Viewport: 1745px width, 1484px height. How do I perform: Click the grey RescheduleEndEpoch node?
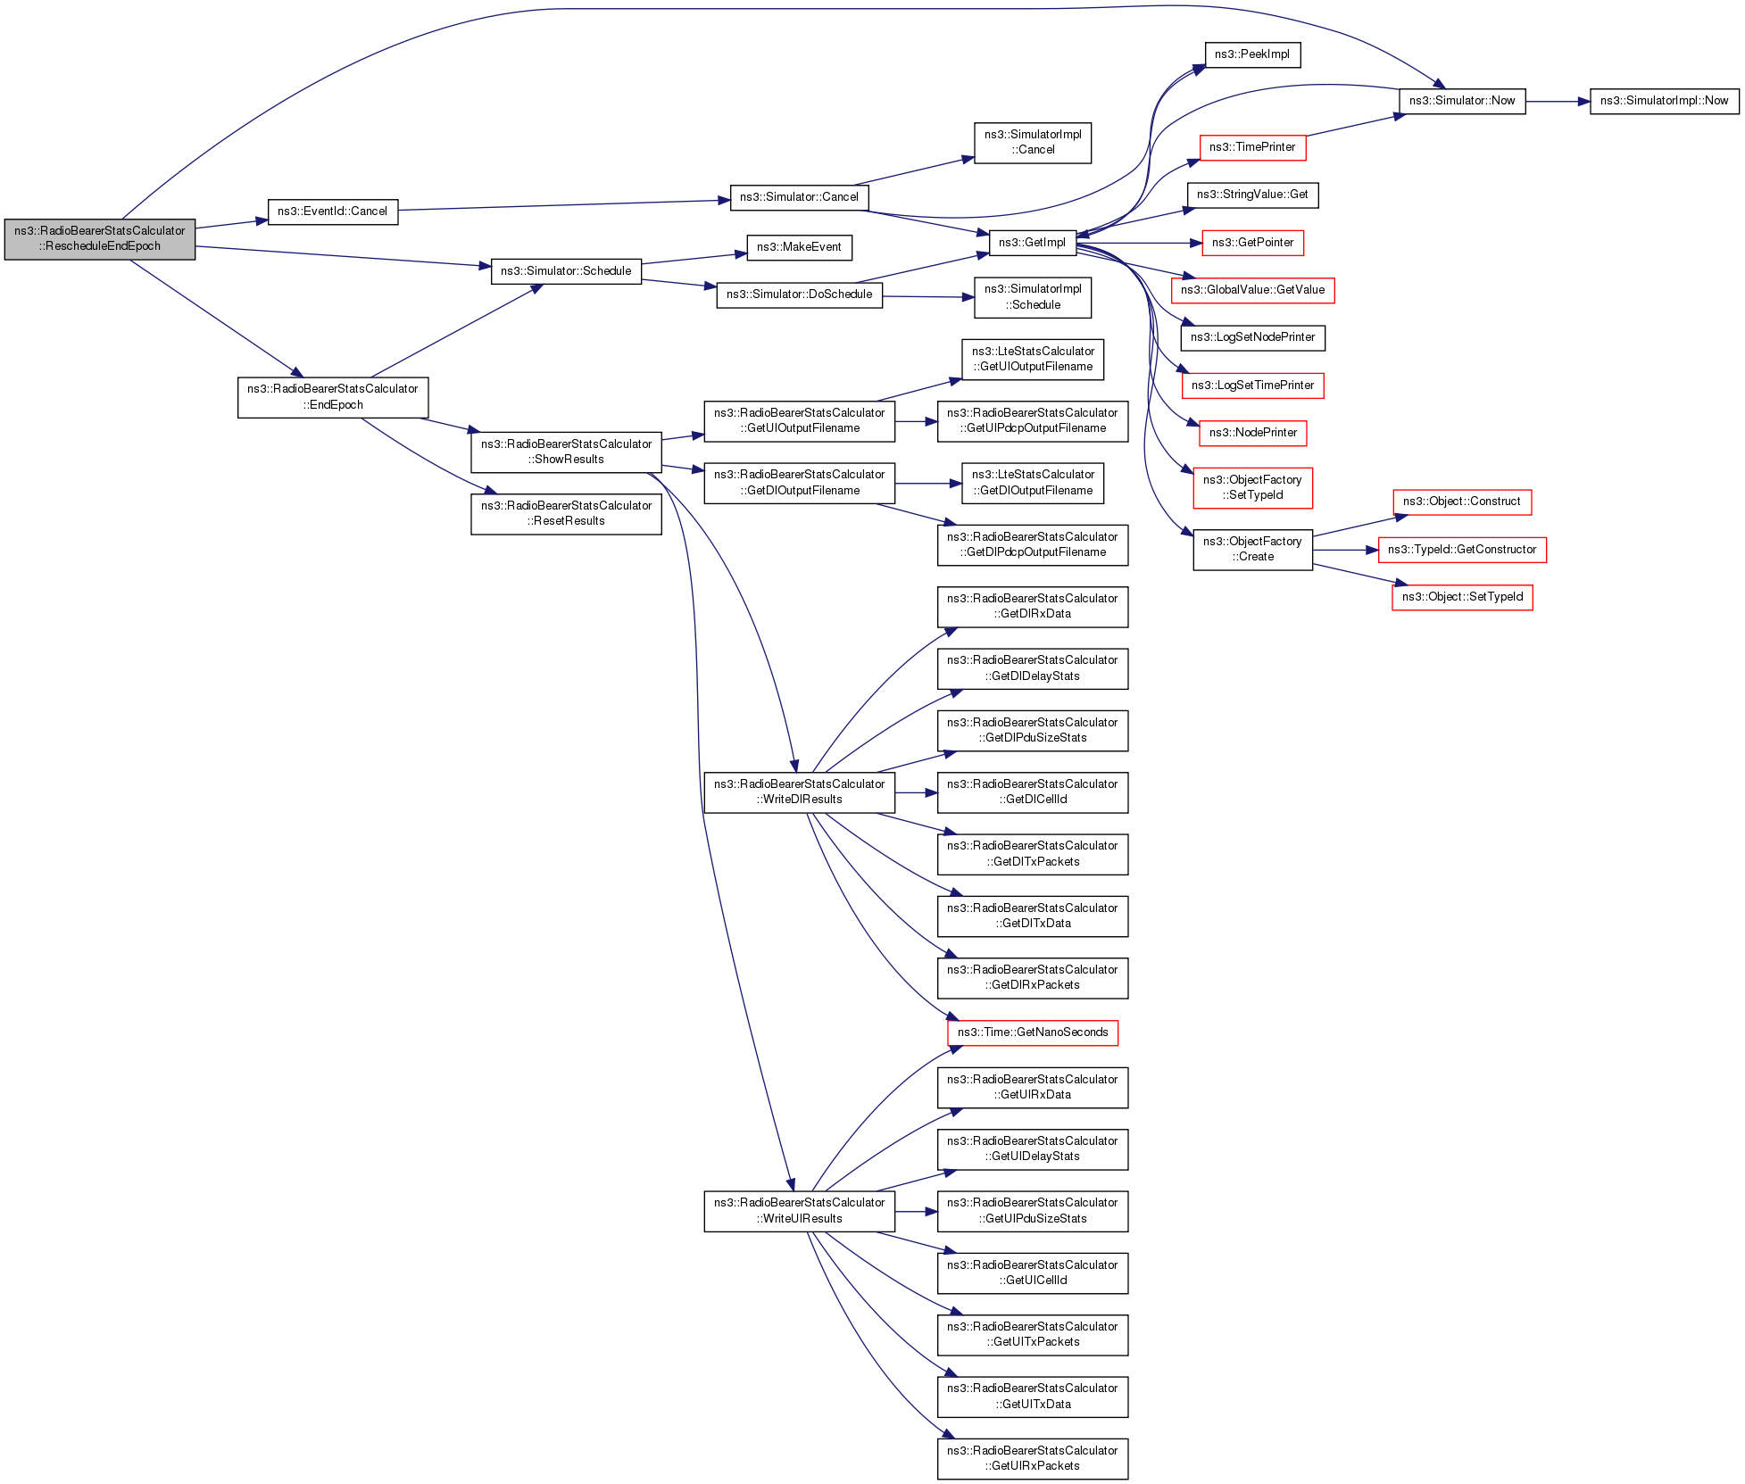[x=100, y=238]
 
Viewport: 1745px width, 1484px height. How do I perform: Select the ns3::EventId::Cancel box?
[x=332, y=211]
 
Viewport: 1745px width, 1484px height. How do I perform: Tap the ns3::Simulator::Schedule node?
[x=566, y=271]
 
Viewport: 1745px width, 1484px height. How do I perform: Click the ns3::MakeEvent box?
[x=799, y=247]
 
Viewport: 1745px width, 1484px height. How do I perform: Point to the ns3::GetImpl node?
[x=1032, y=242]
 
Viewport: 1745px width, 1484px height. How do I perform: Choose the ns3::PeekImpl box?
[x=1251, y=54]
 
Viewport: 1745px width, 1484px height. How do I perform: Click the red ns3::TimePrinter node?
[x=1252, y=147]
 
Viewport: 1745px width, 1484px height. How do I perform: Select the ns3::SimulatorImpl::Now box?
[x=1664, y=101]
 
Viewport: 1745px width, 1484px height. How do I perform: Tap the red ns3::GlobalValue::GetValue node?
[x=1252, y=290]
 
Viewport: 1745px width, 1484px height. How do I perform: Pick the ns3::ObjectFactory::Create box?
[x=1252, y=549]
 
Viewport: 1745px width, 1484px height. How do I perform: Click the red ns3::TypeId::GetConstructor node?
[x=1462, y=550]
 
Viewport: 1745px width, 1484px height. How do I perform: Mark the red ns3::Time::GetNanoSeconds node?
[x=1032, y=1032]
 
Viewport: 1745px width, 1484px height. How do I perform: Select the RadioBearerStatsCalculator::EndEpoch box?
[x=333, y=397]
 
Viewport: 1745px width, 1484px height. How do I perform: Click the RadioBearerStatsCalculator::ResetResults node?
[x=566, y=513]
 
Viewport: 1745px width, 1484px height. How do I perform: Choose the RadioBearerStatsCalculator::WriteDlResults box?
[x=799, y=792]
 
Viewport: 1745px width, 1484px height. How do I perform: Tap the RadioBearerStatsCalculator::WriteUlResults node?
[x=799, y=1211]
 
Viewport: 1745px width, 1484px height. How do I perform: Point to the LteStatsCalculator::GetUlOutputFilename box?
[x=1032, y=359]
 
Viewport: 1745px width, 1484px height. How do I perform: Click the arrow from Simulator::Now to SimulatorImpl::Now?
[x=1558, y=102]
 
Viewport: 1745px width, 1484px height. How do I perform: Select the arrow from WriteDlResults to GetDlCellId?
[x=916, y=792]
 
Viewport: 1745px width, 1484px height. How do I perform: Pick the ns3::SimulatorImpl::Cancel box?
[x=1032, y=142]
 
